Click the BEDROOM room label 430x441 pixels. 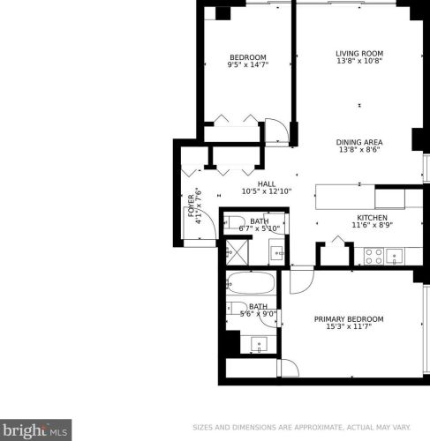click(x=248, y=57)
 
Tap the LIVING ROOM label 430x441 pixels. click(x=359, y=54)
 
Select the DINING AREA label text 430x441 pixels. click(x=359, y=142)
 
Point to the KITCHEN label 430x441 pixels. click(x=372, y=218)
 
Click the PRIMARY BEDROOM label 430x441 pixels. click(x=349, y=319)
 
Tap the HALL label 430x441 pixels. click(x=267, y=184)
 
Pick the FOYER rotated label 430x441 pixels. click(x=192, y=206)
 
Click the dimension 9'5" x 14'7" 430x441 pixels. click(x=248, y=64)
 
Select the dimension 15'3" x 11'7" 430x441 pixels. click(x=349, y=326)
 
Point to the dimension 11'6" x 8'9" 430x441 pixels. click(x=373, y=225)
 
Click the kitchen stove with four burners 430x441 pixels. click(x=373, y=257)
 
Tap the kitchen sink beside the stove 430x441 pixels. click(x=395, y=257)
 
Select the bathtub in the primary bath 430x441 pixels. click(x=251, y=283)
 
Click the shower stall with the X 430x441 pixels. click(x=237, y=252)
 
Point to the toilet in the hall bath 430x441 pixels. click(x=234, y=222)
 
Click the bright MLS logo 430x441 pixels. click(x=35, y=430)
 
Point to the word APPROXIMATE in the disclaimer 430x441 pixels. click(x=318, y=427)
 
